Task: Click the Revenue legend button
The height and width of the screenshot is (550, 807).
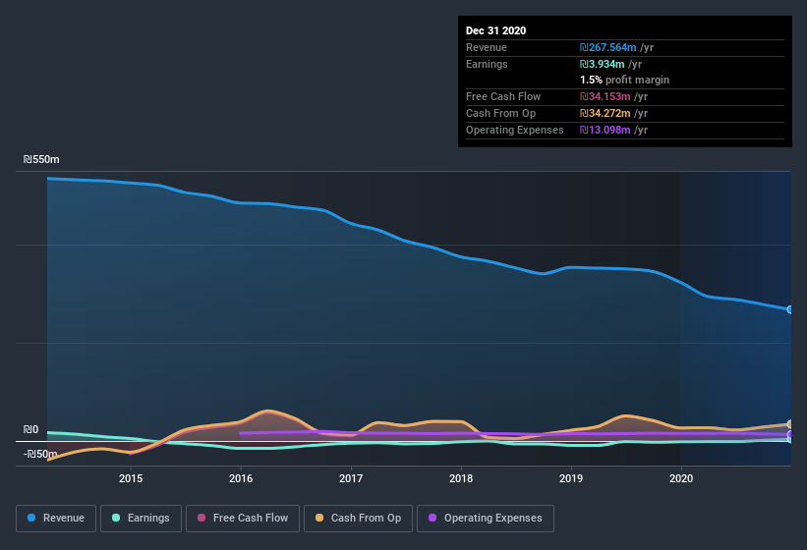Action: click(56, 518)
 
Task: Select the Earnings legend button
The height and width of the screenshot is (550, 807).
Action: click(141, 518)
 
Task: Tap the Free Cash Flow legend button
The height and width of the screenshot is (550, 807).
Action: click(242, 518)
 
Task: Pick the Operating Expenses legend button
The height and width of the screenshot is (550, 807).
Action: click(485, 518)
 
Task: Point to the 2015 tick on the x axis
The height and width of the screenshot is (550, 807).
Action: click(131, 478)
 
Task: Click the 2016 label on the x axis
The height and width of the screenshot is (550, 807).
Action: click(241, 478)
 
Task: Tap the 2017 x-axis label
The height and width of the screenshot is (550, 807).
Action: click(351, 478)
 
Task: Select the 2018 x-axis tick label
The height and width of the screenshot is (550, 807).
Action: click(461, 478)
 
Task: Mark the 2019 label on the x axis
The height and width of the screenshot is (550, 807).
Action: click(571, 478)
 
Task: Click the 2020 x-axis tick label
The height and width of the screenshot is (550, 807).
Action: click(681, 478)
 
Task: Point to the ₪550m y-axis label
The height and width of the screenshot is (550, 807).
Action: click(41, 159)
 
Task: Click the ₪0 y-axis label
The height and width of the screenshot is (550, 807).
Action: click(30, 429)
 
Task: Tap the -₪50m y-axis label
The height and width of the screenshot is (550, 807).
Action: click(41, 454)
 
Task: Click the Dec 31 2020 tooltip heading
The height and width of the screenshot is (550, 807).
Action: click(495, 30)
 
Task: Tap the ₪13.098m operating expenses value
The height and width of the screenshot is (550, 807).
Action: click(614, 130)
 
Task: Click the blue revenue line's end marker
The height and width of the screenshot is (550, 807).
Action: click(790, 309)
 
